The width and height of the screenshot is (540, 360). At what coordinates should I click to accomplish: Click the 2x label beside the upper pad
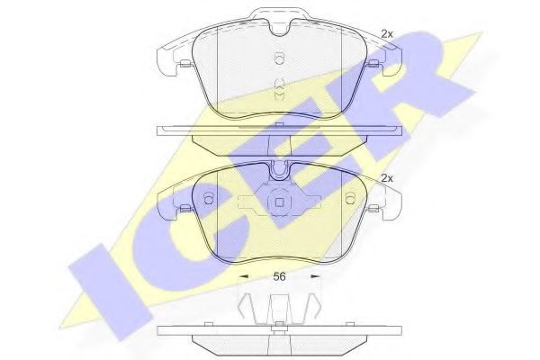point(387,34)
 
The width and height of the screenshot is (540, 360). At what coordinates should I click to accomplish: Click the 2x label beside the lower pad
point(387,178)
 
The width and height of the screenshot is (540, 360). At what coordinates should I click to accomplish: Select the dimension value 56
point(279,276)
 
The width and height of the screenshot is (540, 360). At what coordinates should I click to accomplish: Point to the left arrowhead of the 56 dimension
point(244,276)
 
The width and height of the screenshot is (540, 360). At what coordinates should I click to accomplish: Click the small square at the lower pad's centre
point(279,202)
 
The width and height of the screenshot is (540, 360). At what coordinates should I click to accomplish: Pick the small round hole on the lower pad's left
point(209,198)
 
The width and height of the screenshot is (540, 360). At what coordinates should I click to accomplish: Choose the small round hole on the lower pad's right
point(350,198)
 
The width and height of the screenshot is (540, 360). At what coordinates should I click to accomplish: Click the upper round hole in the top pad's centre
point(279,58)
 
